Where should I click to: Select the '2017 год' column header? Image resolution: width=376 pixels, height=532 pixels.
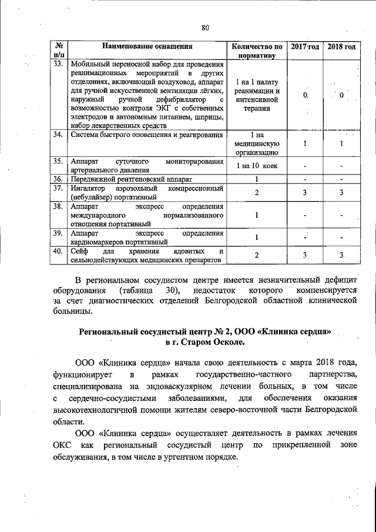point(305,46)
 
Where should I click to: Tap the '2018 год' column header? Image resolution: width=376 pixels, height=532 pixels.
point(341,46)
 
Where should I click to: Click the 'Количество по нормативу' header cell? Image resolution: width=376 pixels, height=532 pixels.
point(257,51)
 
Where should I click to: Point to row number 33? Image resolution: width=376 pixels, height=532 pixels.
point(58,63)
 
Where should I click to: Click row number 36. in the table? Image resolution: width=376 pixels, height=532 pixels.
point(58,178)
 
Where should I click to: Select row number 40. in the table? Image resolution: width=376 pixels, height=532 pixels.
point(58,251)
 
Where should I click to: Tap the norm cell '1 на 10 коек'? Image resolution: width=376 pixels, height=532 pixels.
point(257,166)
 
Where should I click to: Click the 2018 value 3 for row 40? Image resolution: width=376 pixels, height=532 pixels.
point(341,255)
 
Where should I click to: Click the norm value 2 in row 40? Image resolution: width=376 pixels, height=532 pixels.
point(257,255)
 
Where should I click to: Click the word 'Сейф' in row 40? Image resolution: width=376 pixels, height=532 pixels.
point(79,251)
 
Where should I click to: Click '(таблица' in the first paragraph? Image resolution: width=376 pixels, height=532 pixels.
point(136,291)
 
